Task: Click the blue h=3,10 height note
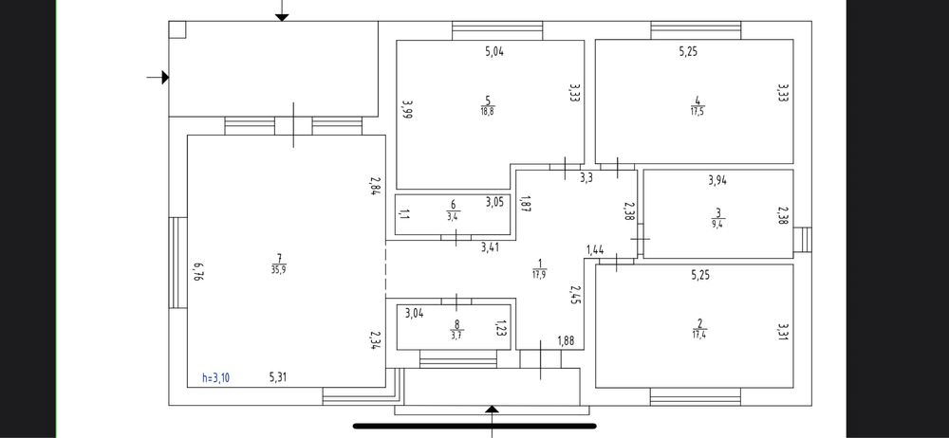click(x=216, y=378)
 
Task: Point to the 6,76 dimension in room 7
click(x=196, y=272)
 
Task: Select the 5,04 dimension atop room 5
click(x=494, y=51)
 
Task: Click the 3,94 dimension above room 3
click(x=717, y=180)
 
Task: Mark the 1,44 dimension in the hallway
click(x=596, y=250)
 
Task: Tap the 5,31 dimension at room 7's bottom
click(x=278, y=378)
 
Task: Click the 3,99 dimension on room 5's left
click(x=407, y=110)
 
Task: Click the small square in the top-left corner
click(x=177, y=29)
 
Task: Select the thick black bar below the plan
click(x=474, y=426)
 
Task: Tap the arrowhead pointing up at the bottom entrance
click(x=493, y=410)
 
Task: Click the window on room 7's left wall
click(x=178, y=263)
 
